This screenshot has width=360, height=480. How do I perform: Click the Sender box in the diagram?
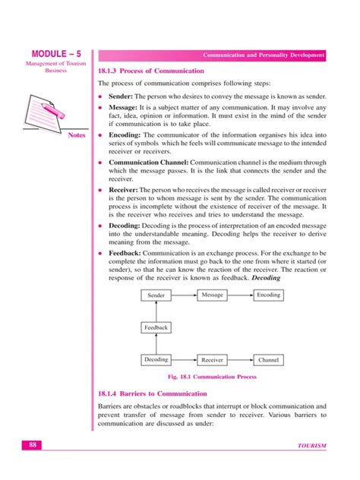[x=156, y=295]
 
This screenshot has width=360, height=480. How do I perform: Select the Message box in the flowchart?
[x=213, y=295]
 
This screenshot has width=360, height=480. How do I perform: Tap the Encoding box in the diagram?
[x=269, y=295]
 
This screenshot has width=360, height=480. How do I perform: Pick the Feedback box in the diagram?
[x=156, y=327]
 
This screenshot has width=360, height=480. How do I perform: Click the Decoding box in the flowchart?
[x=156, y=359]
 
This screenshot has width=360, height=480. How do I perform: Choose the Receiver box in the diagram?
[x=213, y=360]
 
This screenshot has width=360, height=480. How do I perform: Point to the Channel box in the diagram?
[x=269, y=360]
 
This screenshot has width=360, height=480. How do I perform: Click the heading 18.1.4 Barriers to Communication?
[x=153, y=393]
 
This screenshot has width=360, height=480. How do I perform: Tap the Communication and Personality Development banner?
[x=264, y=55]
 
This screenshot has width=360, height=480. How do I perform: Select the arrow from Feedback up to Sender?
[x=156, y=311]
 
